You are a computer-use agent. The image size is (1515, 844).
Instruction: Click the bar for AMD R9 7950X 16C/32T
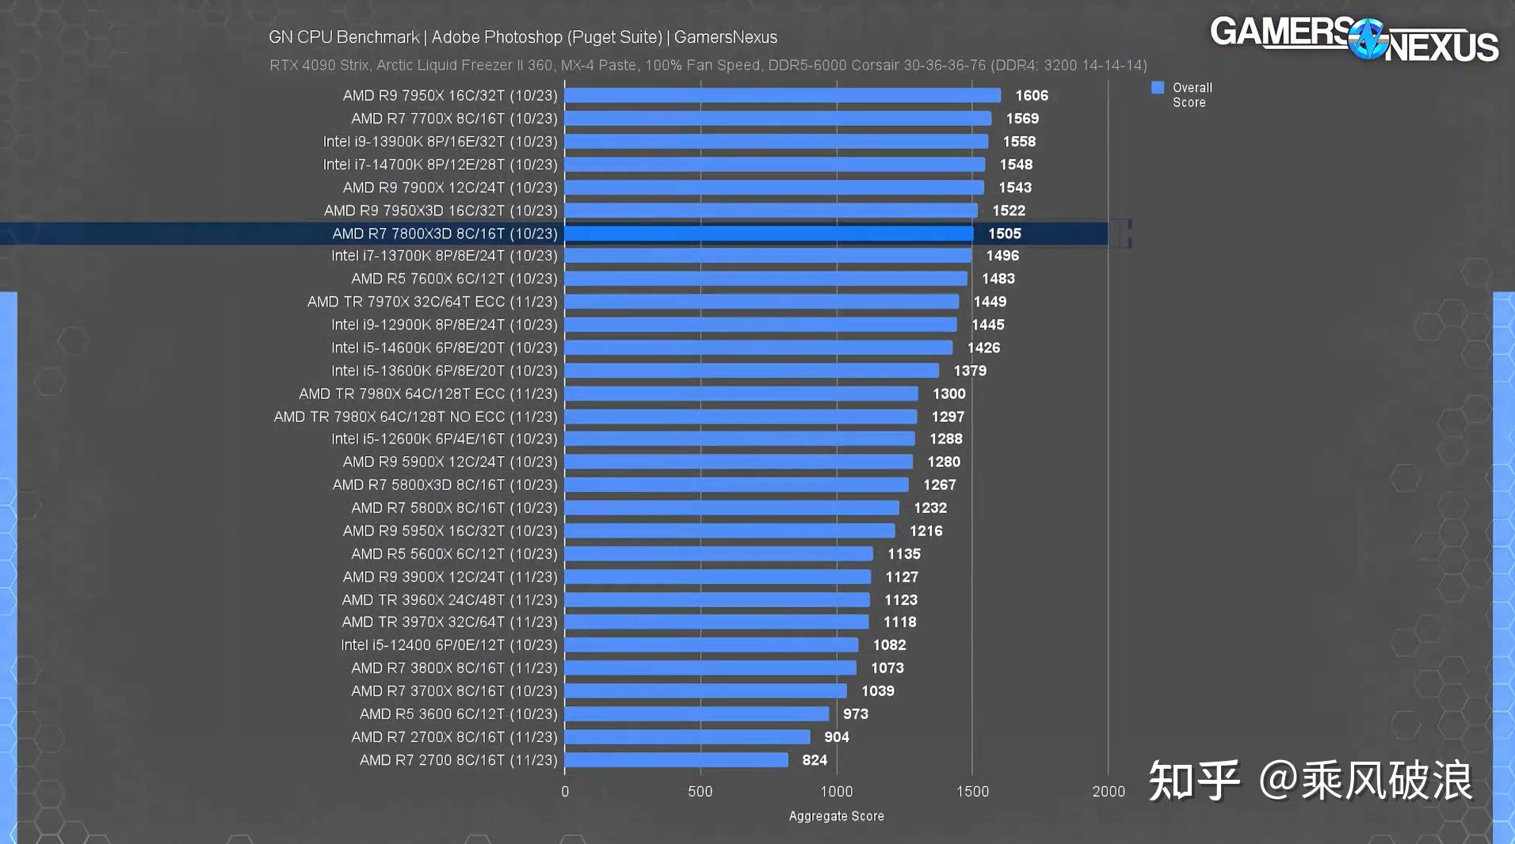click(782, 96)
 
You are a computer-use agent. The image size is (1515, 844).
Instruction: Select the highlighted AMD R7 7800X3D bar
click(769, 234)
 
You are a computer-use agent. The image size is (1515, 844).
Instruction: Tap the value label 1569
click(1022, 119)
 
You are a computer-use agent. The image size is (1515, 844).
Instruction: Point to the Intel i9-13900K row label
click(440, 142)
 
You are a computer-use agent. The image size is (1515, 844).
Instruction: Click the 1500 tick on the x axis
click(972, 791)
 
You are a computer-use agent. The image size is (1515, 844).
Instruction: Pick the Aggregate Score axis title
click(836, 816)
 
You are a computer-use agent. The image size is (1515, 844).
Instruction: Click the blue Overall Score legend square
click(1158, 88)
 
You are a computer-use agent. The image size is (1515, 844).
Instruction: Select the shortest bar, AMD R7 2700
click(676, 760)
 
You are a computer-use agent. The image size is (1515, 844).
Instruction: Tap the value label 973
click(855, 714)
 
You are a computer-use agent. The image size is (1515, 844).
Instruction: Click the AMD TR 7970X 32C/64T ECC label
click(432, 302)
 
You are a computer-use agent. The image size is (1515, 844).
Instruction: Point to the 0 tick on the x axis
click(565, 791)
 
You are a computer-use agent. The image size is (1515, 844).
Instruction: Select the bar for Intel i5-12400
click(712, 645)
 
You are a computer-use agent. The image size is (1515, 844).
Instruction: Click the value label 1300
click(948, 393)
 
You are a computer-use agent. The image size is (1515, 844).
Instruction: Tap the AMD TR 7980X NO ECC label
click(415, 416)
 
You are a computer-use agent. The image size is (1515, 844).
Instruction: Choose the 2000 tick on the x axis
click(1108, 791)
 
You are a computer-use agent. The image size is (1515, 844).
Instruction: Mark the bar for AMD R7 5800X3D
click(736, 485)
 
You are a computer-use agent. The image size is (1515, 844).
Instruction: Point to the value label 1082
click(889, 645)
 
